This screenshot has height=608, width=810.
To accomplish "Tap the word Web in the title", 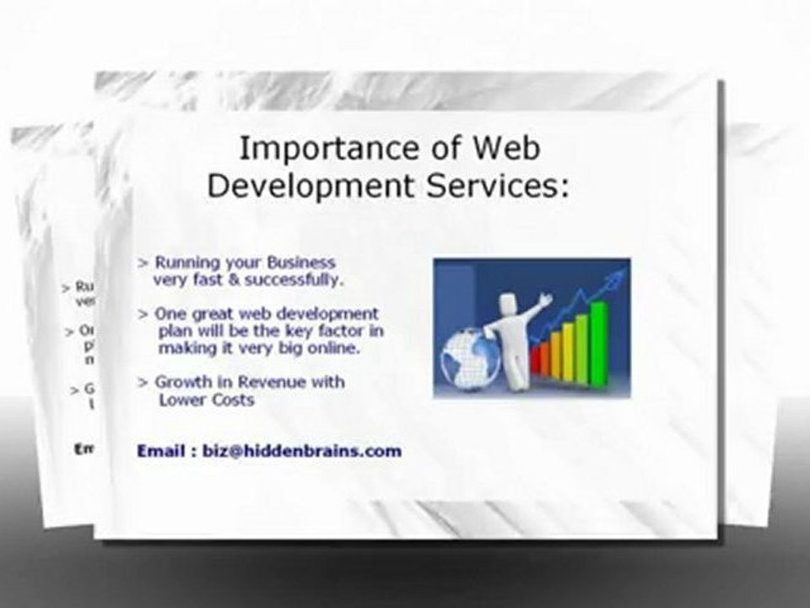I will [x=505, y=148].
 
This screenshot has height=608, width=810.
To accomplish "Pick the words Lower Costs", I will [x=206, y=399].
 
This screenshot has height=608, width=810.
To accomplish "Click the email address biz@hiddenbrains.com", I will [x=302, y=451].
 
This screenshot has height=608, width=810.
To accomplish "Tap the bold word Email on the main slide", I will [x=160, y=451].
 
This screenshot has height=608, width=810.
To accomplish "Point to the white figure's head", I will [x=509, y=300].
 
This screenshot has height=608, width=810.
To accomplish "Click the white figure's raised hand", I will [x=546, y=298].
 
